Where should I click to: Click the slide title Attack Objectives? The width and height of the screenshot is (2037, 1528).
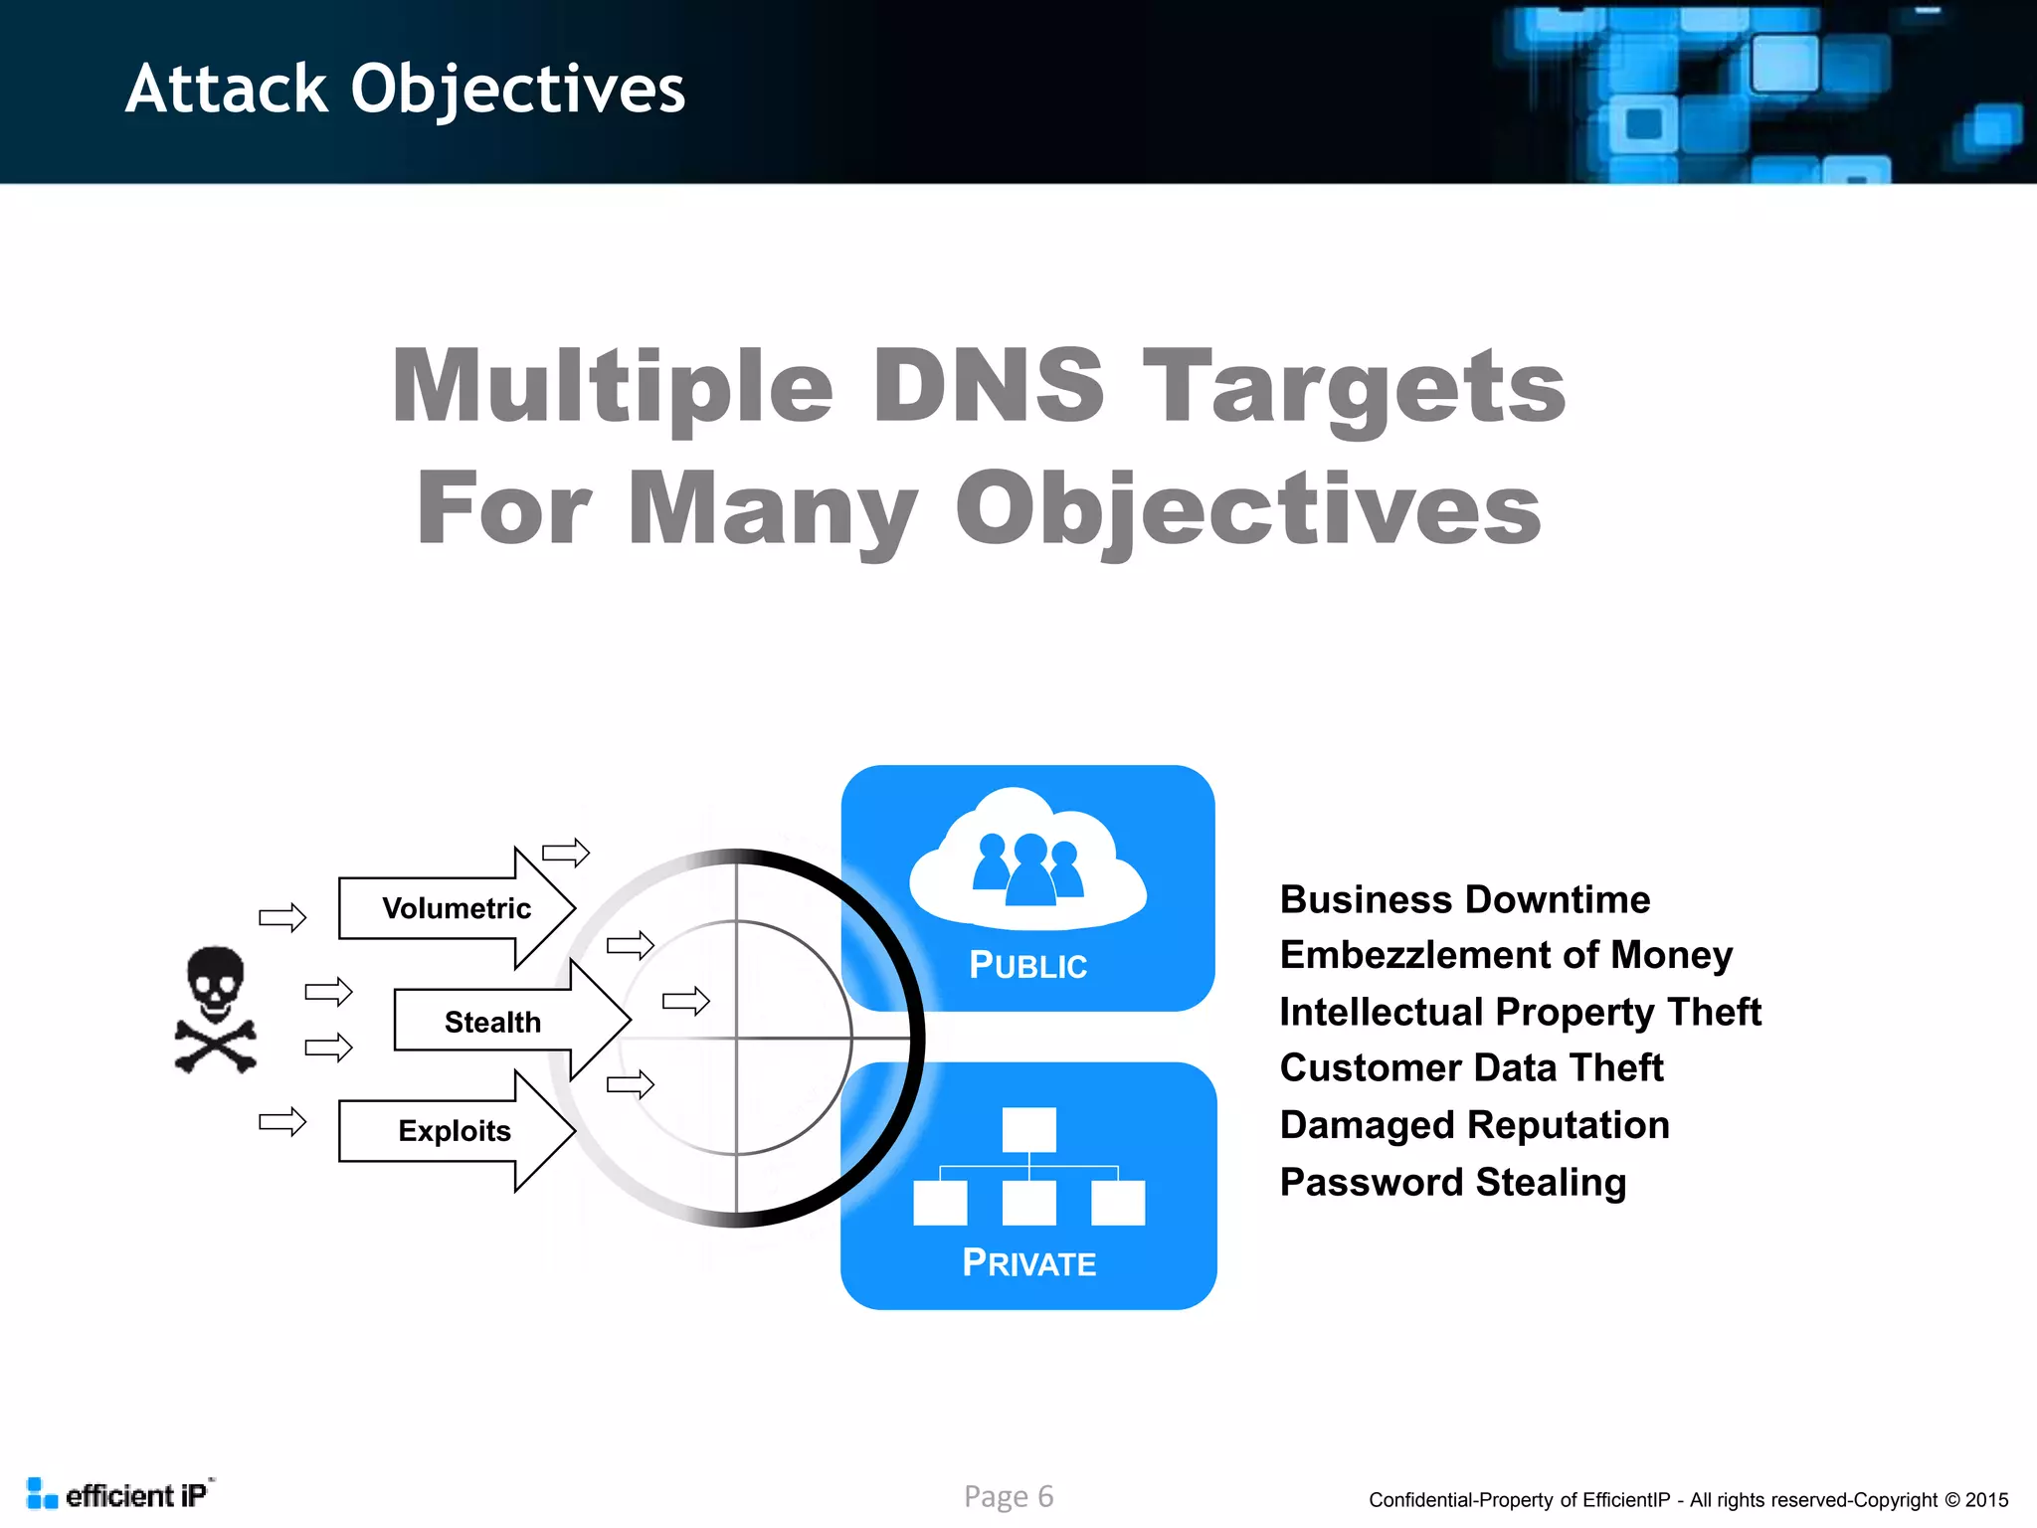point(405,90)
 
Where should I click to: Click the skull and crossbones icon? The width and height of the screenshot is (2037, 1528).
point(216,1010)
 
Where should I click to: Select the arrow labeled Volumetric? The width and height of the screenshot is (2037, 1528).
point(457,908)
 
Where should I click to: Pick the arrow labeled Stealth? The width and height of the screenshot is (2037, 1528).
point(494,1022)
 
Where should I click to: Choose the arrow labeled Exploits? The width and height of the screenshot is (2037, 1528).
point(455,1131)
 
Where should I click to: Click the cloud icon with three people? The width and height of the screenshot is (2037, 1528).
point(1027,859)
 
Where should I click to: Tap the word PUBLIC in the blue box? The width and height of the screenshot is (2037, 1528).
point(1027,965)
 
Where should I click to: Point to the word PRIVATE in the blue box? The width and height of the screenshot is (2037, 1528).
point(1028,1263)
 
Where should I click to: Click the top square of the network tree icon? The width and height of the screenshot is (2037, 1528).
point(1028,1130)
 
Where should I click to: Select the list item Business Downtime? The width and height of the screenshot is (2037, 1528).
point(1464,899)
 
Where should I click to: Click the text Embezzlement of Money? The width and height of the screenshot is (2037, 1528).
point(1506,955)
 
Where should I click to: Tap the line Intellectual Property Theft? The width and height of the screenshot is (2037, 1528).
point(1520,1012)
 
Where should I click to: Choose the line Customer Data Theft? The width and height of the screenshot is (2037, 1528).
point(1471,1067)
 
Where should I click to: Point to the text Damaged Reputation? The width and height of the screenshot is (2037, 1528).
point(1474,1125)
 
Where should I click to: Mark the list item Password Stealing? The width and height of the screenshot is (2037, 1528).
point(1452,1182)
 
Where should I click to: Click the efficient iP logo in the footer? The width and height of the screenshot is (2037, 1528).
point(119,1494)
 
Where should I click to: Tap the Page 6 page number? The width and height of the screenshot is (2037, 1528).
point(1008,1496)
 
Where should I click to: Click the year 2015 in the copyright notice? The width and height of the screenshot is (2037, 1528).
point(1986,1500)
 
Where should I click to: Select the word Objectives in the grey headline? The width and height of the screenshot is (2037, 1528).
point(1247,508)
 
